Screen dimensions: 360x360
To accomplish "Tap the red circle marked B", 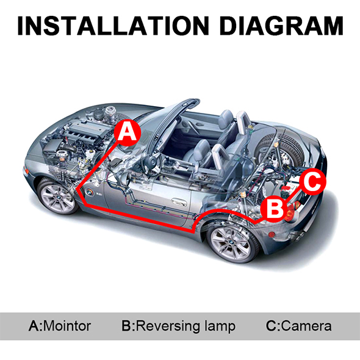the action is [x=274, y=209].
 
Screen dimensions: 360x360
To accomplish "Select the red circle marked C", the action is [x=312, y=182].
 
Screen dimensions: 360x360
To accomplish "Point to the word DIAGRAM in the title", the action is [x=281, y=26].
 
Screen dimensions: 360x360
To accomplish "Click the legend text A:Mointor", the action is [x=60, y=326].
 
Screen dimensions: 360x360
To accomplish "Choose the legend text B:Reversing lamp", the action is [x=178, y=326].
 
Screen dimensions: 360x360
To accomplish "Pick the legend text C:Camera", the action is [x=299, y=326].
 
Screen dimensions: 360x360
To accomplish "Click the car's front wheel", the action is [x=58, y=196].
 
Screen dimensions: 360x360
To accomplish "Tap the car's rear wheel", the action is [x=231, y=243].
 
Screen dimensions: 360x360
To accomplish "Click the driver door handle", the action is [x=179, y=201].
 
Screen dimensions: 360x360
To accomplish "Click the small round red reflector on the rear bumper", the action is [x=272, y=235].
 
